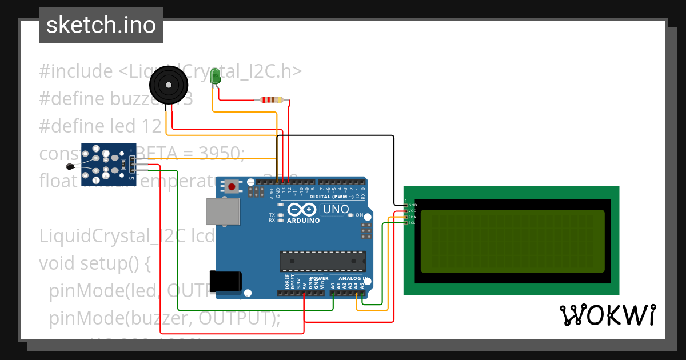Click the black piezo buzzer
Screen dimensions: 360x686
point(169,85)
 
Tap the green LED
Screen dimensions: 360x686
point(216,77)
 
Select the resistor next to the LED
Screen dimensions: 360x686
point(271,100)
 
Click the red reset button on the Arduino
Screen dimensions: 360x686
point(232,186)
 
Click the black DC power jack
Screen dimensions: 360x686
point(225,281)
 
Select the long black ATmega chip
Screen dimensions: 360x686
point(322,261)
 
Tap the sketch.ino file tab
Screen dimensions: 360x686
point(101,25)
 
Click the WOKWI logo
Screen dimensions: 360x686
point(607,315)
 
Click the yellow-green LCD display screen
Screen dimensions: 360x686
point(512,241)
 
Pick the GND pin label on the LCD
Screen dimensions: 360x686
point(412,205)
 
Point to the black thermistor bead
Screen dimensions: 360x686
point(70,167)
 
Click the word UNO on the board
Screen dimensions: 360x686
point(336,210)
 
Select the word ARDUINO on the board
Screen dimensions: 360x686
point(303,221)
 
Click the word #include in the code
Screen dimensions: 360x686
point(76,71)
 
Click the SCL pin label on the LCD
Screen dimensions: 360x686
point(412,223)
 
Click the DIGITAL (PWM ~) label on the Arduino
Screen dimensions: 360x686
point(330,197)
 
